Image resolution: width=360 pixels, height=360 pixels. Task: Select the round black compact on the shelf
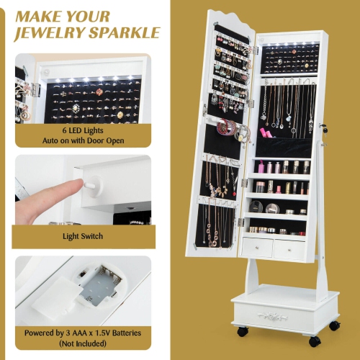(271, 207)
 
